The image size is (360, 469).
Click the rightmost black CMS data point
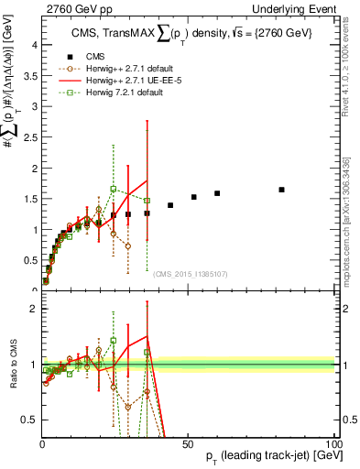coord(281,190)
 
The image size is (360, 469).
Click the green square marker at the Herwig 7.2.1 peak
coord(113,189)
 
